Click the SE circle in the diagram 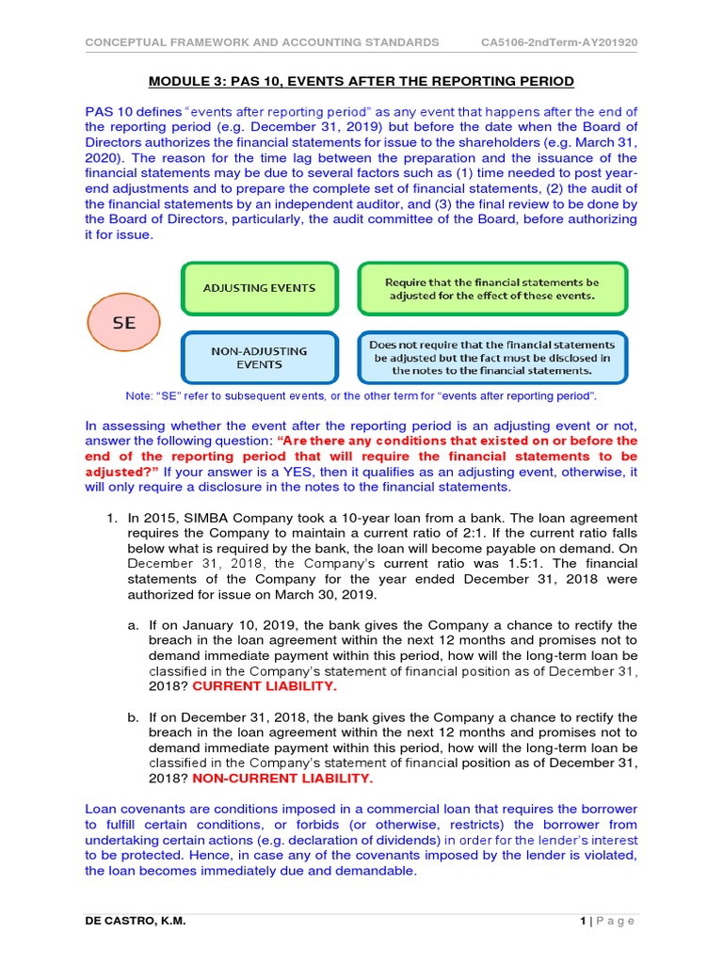(x=123, y=322)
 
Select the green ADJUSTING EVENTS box (x=259, y=288)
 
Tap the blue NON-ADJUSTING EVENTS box (x=259, y=357)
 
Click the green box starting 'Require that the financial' (x=492, y=288)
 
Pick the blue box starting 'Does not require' (x=492, y=357)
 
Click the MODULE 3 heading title (x=361, y=82)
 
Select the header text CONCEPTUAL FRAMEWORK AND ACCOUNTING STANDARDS (x=263, y=42)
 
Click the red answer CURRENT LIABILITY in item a (x=265, y=687)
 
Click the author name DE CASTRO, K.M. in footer (x=136, y=921)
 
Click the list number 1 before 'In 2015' (x=109, y=519)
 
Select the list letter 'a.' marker (x=133, y=626)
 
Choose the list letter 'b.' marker (x=133, y=717)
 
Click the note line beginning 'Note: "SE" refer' (x=361, y=395)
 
